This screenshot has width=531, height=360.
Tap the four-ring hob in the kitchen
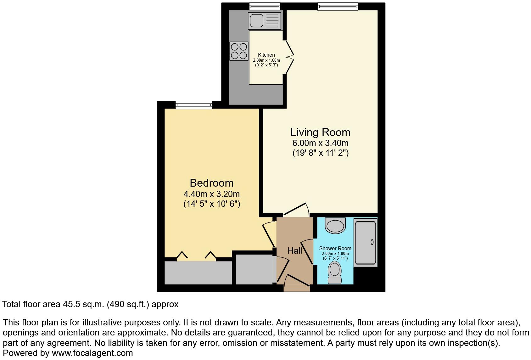tap(239, 51)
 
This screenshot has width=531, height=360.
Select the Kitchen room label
tap(266, 55)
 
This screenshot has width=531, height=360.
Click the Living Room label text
tap(320, 132)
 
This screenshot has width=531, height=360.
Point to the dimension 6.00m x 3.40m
tap(320, 143)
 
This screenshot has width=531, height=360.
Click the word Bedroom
tap(211, 183)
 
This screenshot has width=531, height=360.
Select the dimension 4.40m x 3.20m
tap(211, 194)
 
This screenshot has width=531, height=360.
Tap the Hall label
tap(295, 251)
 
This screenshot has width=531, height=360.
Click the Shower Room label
tap(335, 248)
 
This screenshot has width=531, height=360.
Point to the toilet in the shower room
tap(335, 273)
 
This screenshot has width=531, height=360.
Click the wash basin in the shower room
tap(336, 226)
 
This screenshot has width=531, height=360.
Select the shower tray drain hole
tap(372, 242)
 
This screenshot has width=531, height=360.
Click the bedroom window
tap(194, 104)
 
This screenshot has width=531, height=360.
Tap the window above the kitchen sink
tap(265, 6)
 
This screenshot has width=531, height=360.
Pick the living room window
tap(338, 6)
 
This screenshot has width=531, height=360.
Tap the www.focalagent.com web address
tap(92, 353)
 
